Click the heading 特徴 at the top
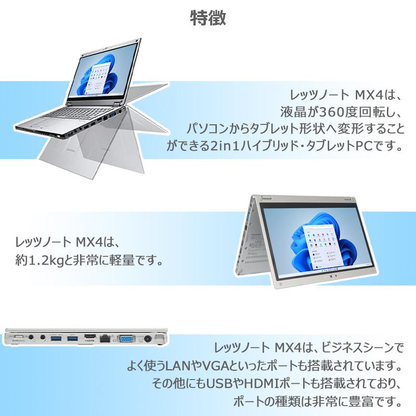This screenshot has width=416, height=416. click(207, 18)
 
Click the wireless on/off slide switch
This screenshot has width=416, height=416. click(16, 338)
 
